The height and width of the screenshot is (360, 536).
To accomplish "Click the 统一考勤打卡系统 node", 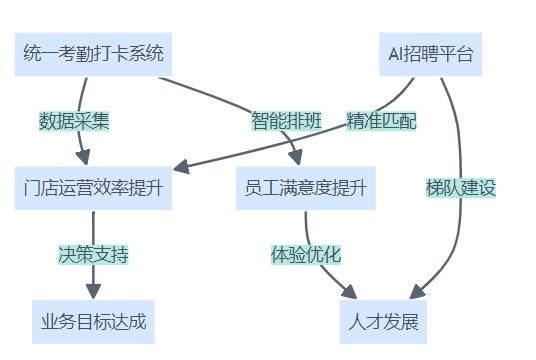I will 92,54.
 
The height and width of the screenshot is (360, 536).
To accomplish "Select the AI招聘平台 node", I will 430,54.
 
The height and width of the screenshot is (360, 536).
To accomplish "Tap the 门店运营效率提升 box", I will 92,188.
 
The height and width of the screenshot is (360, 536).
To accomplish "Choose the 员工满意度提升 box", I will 305,188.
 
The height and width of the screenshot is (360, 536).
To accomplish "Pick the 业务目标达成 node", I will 93,322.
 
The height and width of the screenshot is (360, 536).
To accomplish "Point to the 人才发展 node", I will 383,322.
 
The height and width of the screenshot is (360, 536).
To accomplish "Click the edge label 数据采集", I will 73,121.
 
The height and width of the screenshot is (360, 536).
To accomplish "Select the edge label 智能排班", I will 286,121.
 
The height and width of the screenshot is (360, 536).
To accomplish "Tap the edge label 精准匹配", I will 381,121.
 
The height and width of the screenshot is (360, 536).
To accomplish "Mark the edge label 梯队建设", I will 461,187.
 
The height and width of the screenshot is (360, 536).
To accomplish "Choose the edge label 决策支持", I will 93,254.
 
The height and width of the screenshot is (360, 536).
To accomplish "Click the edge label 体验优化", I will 306,254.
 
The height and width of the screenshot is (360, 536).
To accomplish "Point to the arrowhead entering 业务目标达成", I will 93,291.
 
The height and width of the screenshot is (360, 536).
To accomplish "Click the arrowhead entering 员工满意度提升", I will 296,158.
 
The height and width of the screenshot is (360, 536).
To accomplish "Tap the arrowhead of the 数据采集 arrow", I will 84,158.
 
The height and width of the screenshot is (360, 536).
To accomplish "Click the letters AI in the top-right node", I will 396,54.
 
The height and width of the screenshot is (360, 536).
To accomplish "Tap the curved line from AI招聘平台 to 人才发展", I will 459,150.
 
